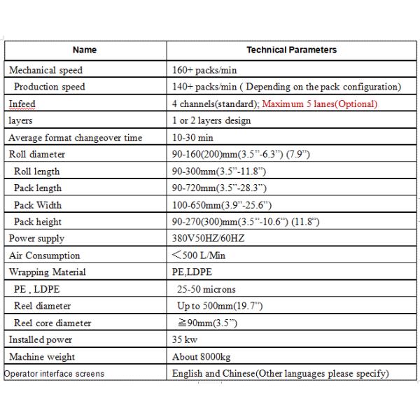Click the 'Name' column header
point(85,50)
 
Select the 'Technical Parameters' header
point(291,50)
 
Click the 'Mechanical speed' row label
point(45,70)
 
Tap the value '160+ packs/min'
point(204,70)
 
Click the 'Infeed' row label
point(22,104)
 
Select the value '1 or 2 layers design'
point(211,120)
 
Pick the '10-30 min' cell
point(192,138)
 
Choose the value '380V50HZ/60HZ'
point(208,239)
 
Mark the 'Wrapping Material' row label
point(48,272)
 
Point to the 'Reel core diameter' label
point(52,323)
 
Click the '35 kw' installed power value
point(184,339)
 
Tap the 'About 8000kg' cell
point(201,356)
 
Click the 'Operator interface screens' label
point(54,374)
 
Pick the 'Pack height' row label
point(38,222)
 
